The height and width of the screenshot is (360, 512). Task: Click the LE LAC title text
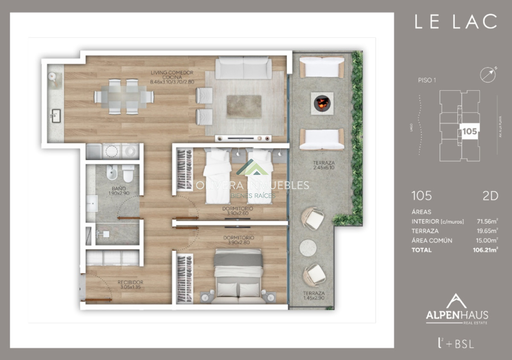456,22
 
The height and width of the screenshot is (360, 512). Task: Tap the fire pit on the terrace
322,103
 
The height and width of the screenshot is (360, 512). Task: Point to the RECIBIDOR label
130,285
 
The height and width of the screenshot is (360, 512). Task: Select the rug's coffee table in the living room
244,106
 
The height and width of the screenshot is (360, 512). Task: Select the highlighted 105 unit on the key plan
469,131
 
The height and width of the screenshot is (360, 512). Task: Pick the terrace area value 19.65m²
487,231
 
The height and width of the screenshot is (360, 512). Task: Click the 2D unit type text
491,196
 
